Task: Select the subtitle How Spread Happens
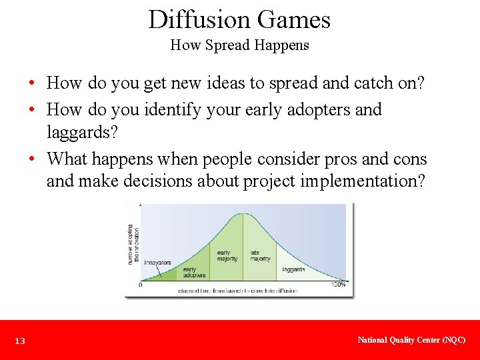tap(239, 45)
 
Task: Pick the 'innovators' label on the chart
tap(157, 263)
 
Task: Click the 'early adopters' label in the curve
tap(194, 272)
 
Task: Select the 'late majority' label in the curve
tap(260, 255)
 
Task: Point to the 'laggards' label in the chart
tap(293, 270)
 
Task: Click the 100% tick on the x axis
tap(339, 285)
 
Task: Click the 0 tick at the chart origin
tap(140, 285)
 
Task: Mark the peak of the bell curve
tap(243, 213)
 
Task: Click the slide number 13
tap(20, 341)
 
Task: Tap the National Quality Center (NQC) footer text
tap(411, 340)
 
